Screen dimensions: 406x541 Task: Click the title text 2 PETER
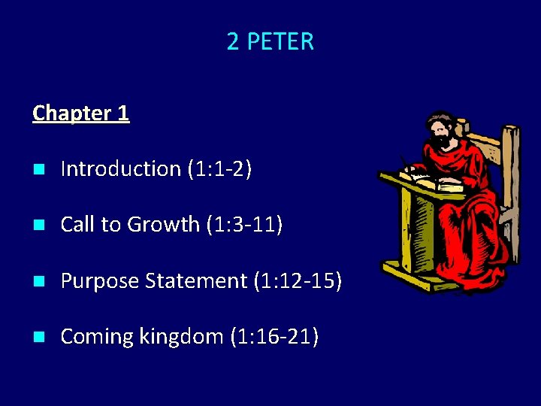(x=270, y=41)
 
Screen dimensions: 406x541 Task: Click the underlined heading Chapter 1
(x=81, y=114)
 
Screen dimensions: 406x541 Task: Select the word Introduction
(x=120, y=169)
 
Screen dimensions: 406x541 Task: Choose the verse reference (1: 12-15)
(x=298, y=281)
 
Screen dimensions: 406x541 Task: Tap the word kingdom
(x=180, y=337)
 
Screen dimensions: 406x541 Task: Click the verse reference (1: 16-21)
(x=273, y=337)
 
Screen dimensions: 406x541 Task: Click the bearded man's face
(x=440, y=136)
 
